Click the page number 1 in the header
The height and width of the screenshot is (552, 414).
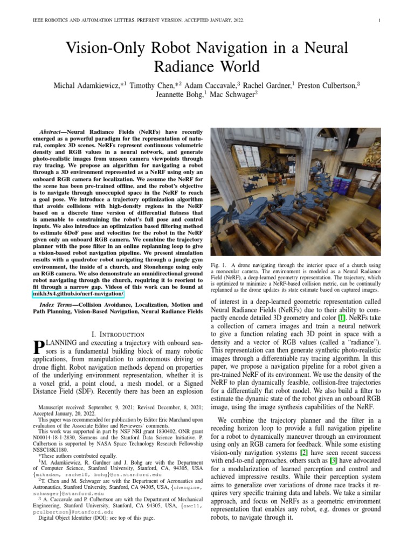pos(381,20)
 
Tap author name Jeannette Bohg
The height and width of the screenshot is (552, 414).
pos(178,95)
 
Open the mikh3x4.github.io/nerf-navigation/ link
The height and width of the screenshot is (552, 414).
pos(78,294)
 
